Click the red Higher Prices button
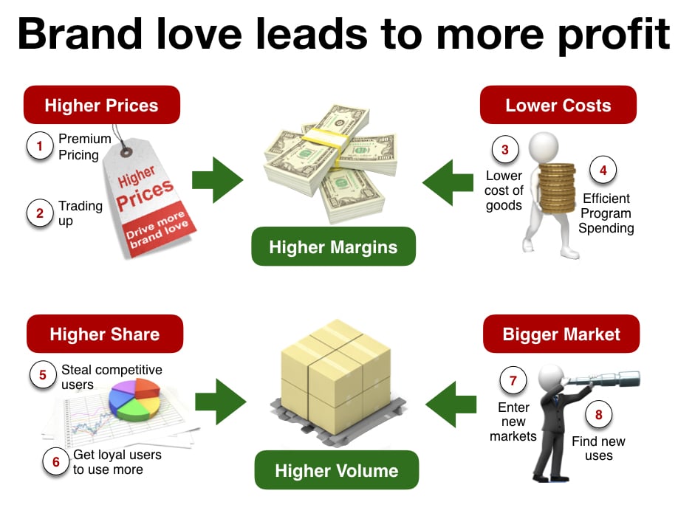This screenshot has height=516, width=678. [102, 105]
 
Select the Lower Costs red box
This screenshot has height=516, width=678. [558, 105]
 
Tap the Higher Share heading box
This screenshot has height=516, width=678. [105, 334]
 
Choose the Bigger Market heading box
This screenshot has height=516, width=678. [561, 334]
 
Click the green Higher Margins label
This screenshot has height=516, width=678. [333, 247]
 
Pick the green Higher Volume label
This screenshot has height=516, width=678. [336, 470]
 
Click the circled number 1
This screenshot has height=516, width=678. [40, 146]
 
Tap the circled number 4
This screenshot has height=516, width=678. [603, 170]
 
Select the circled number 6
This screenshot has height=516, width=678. [56, 461]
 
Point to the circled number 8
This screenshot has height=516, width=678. [598, 414]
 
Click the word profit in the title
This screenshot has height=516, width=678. [614, 35]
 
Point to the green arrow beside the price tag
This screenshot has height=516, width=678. [217, 180]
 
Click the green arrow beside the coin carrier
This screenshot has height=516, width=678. [448, 182]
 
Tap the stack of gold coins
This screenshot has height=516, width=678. [558, 188]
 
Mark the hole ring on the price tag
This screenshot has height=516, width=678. [126, 151]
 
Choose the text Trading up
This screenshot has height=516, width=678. [81, 213]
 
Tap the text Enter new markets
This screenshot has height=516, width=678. [513, 422]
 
